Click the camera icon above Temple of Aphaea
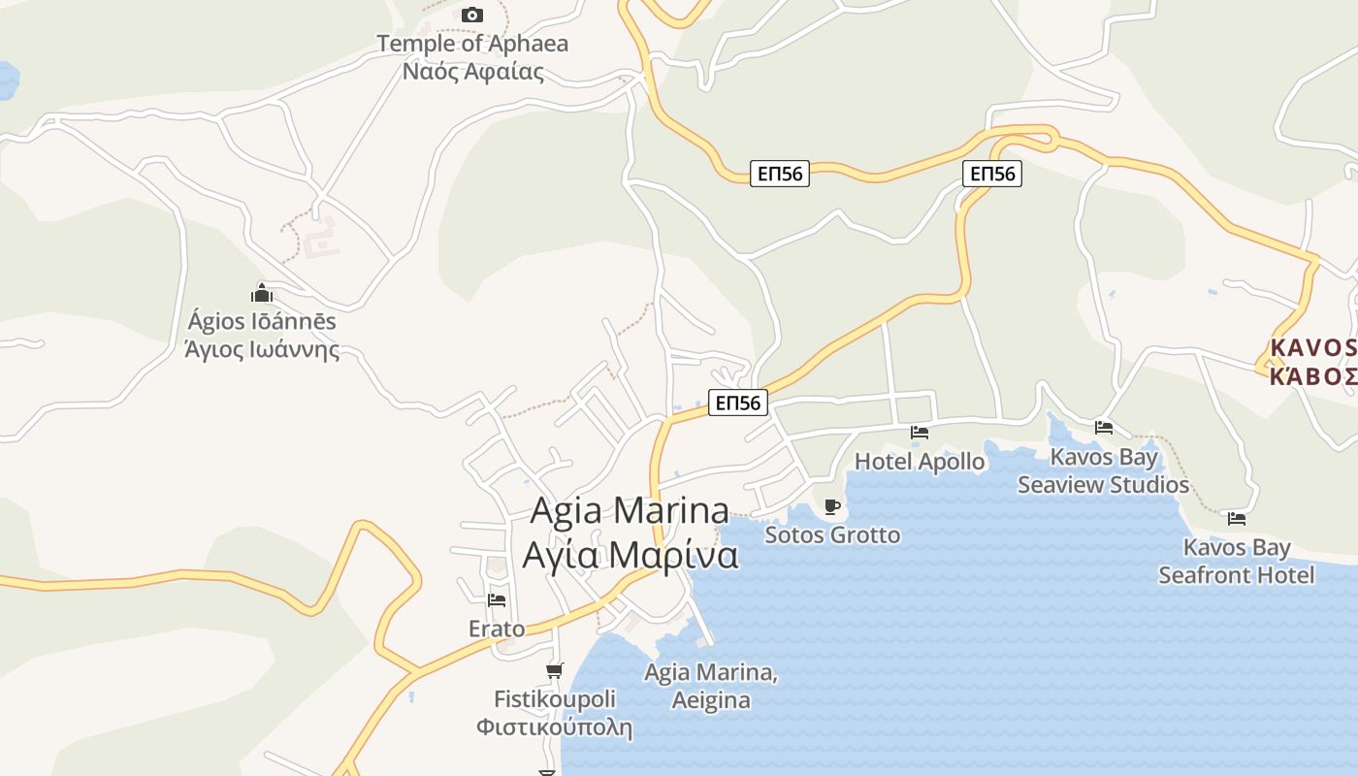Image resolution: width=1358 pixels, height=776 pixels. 472,15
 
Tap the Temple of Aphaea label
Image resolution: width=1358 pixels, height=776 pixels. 472,44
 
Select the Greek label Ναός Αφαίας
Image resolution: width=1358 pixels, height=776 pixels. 472,71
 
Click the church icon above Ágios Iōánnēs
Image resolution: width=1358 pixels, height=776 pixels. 262,293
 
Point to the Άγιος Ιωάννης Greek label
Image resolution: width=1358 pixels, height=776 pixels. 262,349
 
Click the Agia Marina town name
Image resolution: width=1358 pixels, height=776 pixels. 630,510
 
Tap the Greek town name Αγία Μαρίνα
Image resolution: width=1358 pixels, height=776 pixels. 630,556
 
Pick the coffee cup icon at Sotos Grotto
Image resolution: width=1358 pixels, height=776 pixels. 831,506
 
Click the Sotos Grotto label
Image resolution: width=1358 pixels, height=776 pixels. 832,534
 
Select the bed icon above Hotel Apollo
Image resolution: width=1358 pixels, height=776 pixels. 919,433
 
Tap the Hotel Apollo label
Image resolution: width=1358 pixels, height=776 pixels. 920,462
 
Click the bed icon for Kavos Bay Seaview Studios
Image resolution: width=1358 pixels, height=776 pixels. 1103,427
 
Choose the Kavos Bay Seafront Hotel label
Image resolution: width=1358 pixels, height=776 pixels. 1237,562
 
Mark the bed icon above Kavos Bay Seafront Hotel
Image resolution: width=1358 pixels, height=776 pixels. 1236,519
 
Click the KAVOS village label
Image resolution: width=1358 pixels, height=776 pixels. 1312,347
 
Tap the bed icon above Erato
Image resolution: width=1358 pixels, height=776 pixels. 497,600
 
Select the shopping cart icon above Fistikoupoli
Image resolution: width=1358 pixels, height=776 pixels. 555,670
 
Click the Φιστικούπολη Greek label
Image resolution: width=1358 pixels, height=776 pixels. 554,727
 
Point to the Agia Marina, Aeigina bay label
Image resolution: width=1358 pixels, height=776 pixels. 711,686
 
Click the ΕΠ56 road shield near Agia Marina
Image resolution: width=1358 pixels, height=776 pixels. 738,403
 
